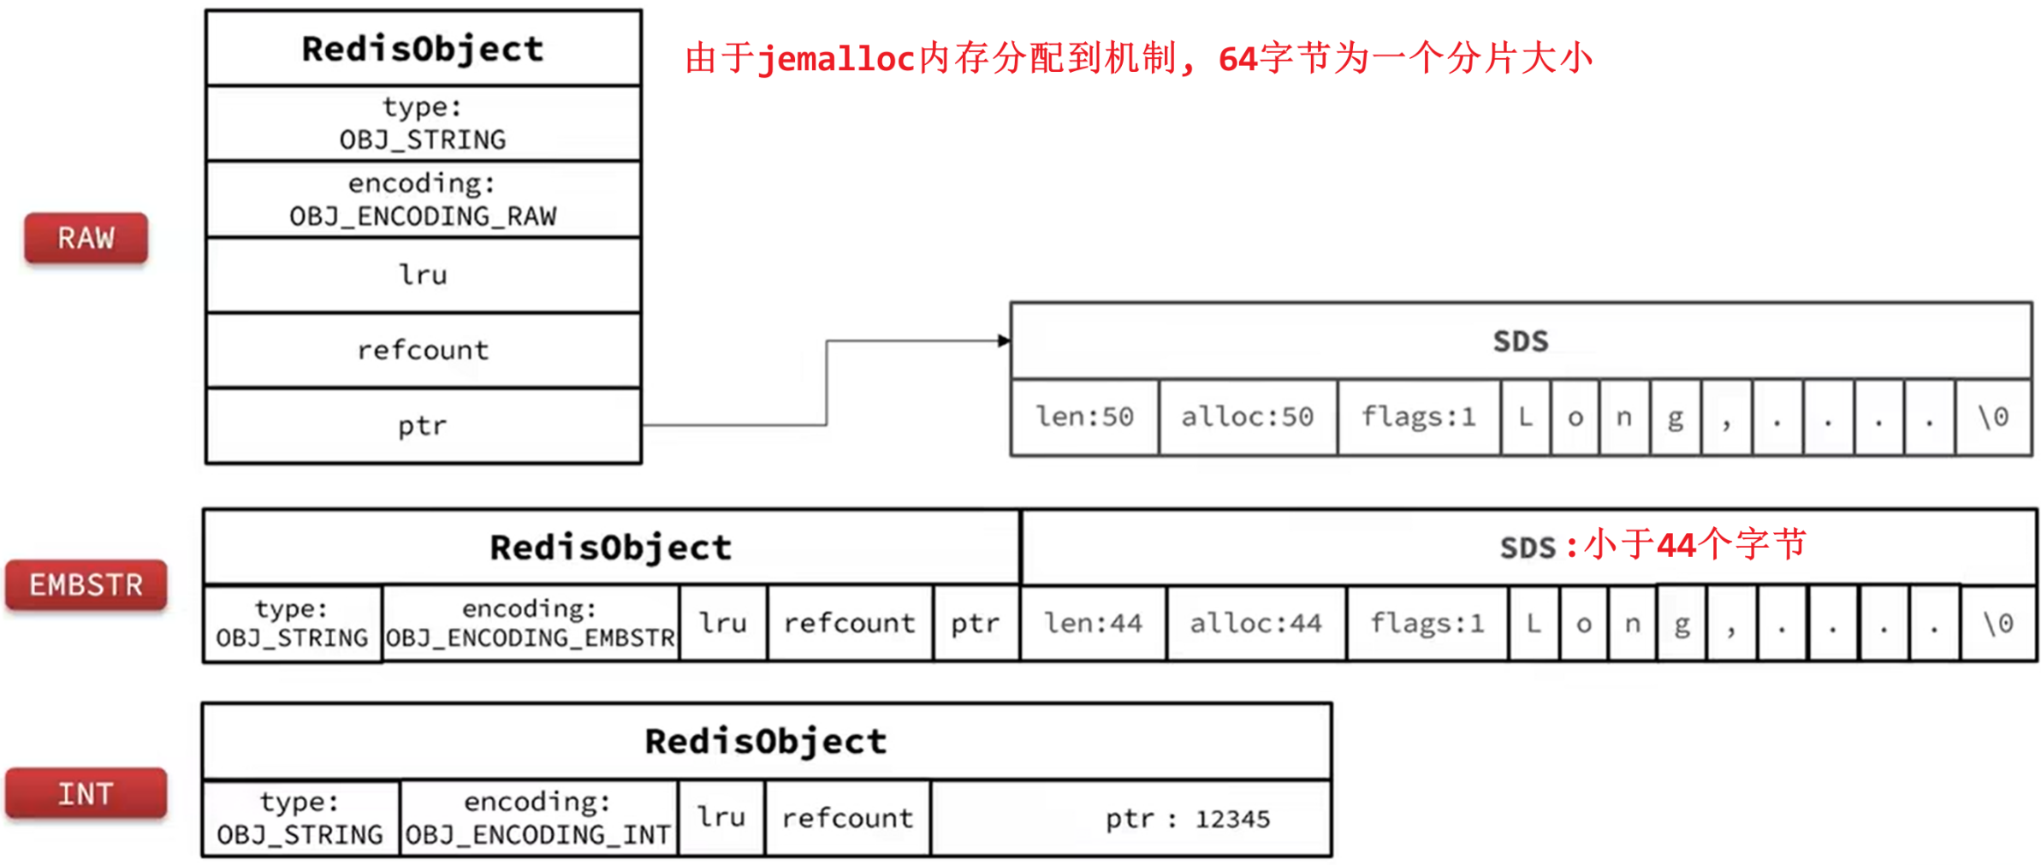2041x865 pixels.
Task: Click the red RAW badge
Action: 86,238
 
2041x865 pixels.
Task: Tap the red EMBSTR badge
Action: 86,585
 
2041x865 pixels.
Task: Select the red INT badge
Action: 86,794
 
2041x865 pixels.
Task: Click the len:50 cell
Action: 1084,418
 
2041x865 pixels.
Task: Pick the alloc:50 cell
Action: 1247,418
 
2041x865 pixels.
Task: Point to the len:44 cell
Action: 1093,624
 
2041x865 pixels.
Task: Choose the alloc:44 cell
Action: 1255,624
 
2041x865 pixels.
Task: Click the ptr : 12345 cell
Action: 1187,819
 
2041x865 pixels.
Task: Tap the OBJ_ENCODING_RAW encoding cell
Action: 423,199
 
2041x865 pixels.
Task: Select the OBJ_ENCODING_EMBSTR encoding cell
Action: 530,624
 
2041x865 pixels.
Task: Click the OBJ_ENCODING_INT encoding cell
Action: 537,819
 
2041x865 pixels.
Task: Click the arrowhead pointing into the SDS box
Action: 1004,341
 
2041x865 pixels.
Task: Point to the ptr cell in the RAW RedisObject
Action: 423,426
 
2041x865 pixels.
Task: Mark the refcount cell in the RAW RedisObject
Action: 423,350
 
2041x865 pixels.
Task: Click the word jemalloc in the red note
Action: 836,59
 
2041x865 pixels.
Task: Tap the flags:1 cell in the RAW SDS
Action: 1418,418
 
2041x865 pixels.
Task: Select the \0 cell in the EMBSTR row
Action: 1997,624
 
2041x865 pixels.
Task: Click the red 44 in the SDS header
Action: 1676,545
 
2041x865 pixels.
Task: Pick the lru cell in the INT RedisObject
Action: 721,818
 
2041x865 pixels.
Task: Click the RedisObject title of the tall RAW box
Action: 423,49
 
